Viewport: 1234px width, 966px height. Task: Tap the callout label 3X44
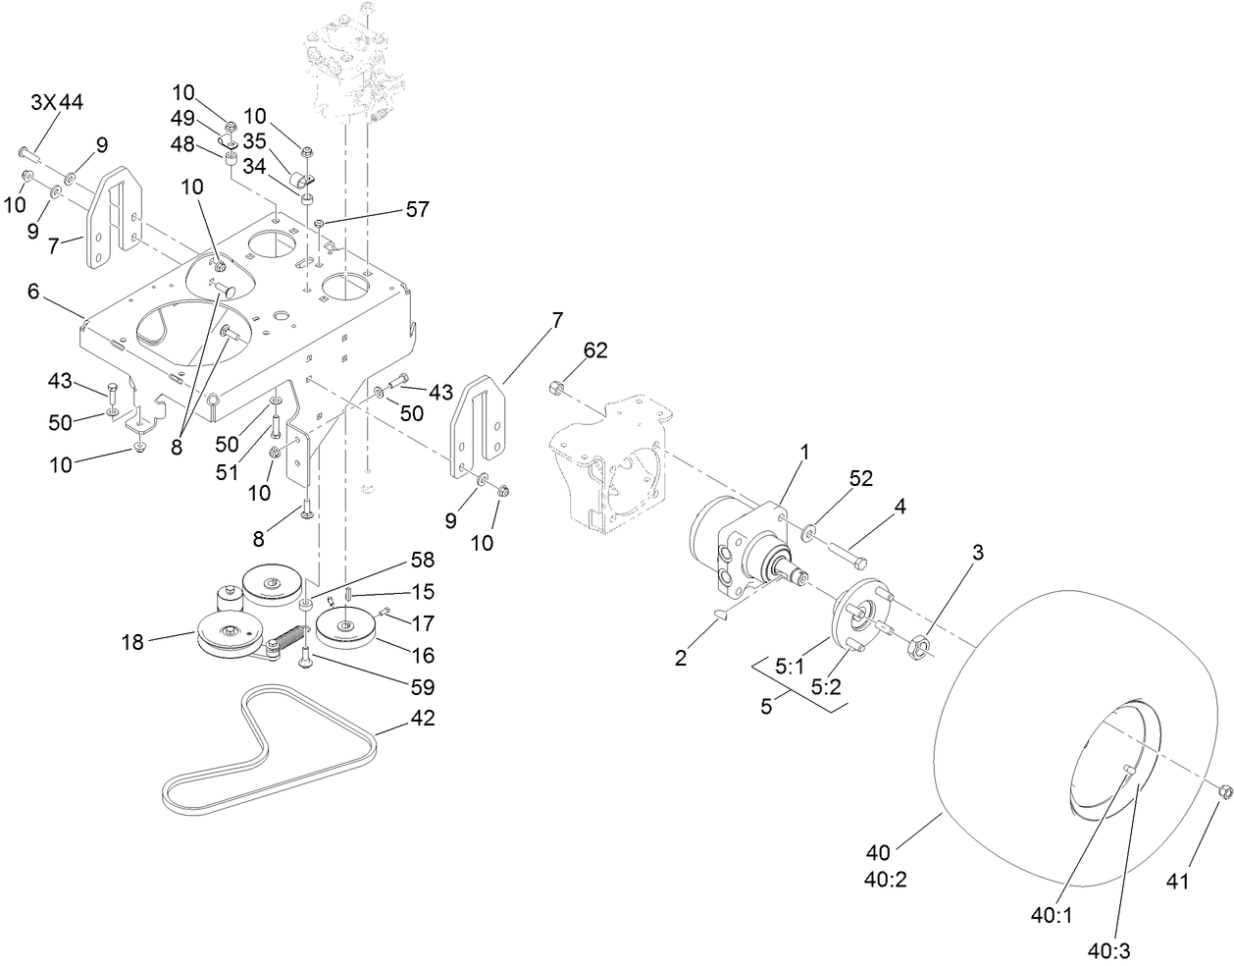coord(58,100)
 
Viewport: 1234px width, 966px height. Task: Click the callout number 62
coord(596,349)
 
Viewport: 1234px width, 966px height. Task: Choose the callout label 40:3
coord(1110,949)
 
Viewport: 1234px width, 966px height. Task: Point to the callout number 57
coord(416,209)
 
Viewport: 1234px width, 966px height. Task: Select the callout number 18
coord(132,643)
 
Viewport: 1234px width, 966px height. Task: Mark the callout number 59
coord(421,687)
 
